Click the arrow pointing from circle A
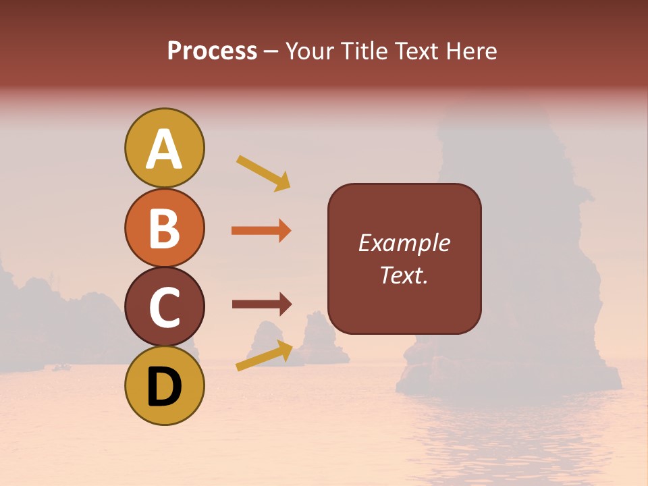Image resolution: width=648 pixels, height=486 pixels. pyautogui.click(x=263, y=173)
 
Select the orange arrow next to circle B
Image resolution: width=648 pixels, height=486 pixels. pyautogui.click(x=261, y=231)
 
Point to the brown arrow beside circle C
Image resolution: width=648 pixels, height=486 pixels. pyautogui.click(x=261, y=304)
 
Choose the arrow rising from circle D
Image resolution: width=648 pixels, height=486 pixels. pyautogui.click(x=264, y=356)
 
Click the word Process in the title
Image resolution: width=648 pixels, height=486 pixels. pyautogui.click(x=212, y=51)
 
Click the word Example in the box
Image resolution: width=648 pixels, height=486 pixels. pyautogui.click(x=404, y=243)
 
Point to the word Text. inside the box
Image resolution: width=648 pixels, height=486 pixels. pyautogui.click(x=404, y=275)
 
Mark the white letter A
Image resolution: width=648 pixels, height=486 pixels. pyautogui.click(x=164, y=150)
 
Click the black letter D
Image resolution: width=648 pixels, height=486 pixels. pyautogui.click(x=164, y=387)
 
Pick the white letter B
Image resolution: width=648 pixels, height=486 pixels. pyautogui.click(x=164, y=228)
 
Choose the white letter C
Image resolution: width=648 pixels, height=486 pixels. pyautogui.click(x=164, y=308)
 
